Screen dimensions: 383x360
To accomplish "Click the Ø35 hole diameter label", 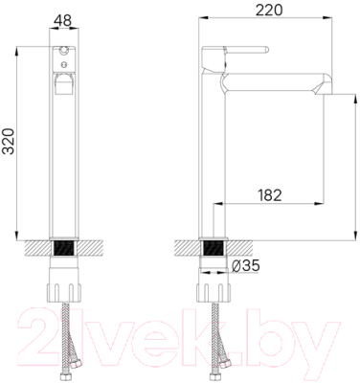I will pos(248,264).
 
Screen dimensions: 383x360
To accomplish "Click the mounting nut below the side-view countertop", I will pos(213,287).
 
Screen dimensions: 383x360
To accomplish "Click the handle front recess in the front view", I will pos(64,83).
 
